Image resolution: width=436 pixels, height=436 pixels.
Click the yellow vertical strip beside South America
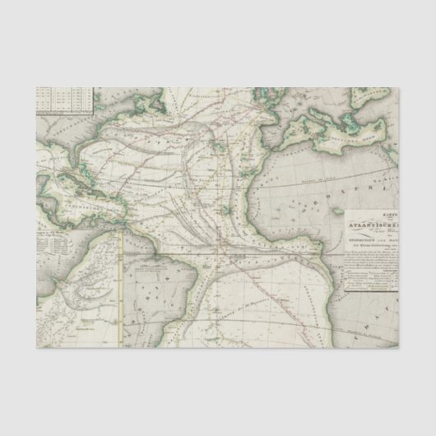(x=121, y=288)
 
